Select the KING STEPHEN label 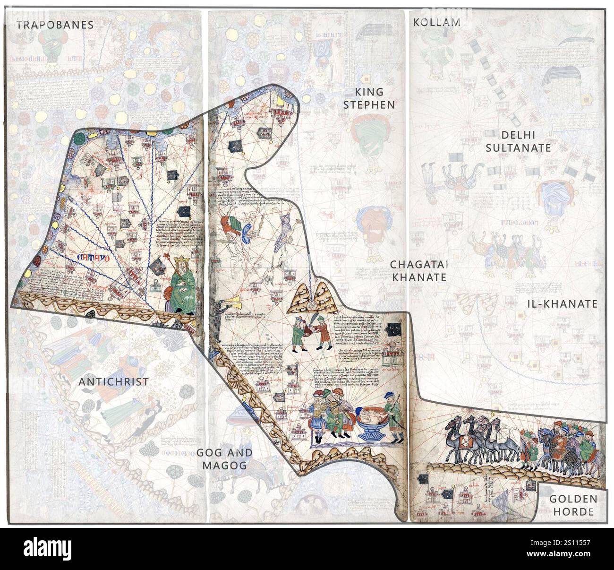368,98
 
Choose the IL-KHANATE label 562,304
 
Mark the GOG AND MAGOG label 224,458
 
